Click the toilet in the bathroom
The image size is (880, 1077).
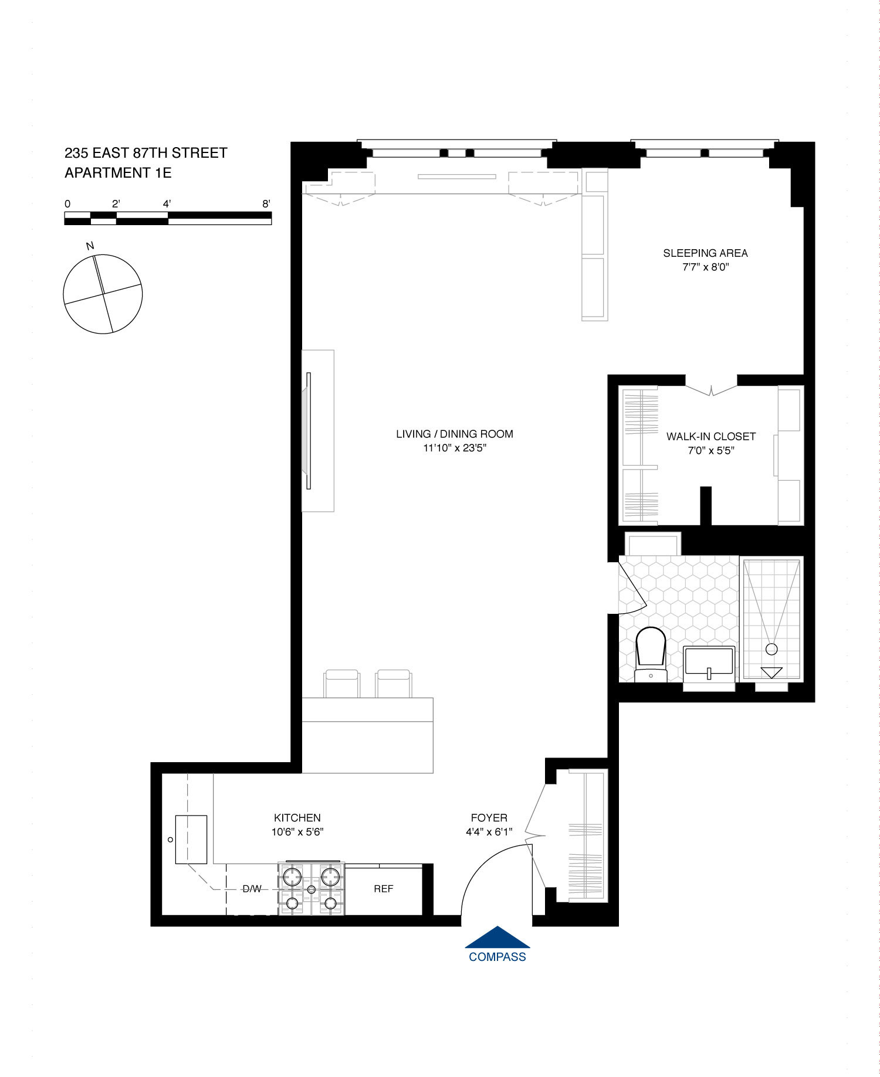(x=651, y=651)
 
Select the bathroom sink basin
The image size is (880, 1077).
(x=709, y=661)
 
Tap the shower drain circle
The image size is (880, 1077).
(x=771, y=649)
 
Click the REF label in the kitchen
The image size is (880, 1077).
(x=383, y=889)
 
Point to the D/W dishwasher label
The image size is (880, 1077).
(x=252, y=889)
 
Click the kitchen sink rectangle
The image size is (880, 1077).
(x=191, y=839)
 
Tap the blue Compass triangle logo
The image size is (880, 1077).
(x=497, y=938)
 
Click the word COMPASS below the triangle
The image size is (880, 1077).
(x=497, y=957)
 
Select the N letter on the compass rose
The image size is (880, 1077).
(x=90, y=246)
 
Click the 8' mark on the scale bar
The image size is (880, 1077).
(x=266, y=204)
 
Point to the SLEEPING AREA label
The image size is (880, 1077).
(x=705, y=253)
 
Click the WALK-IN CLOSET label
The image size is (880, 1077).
(x=710, y=436)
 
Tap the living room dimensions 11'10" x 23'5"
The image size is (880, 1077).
(x=455, y=448)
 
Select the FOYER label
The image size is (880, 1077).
(x=489, y=817)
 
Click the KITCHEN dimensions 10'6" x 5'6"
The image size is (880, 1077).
(x=297, y=831)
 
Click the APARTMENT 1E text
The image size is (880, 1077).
(x=118, y=173)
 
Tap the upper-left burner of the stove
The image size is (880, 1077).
(x=293, y=876)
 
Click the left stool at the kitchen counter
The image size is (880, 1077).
(x=341, y=684)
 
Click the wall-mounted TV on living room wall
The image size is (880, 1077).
(x=308, y=430)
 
